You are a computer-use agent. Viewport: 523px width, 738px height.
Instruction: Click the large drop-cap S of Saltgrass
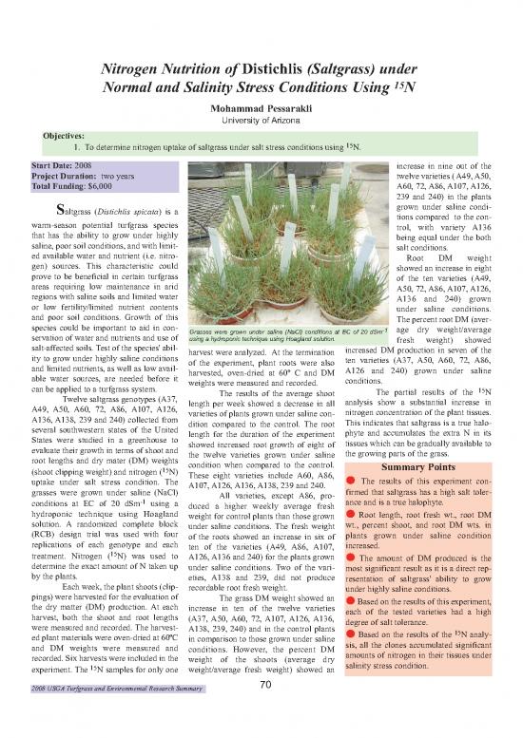[x=62, y=211]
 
